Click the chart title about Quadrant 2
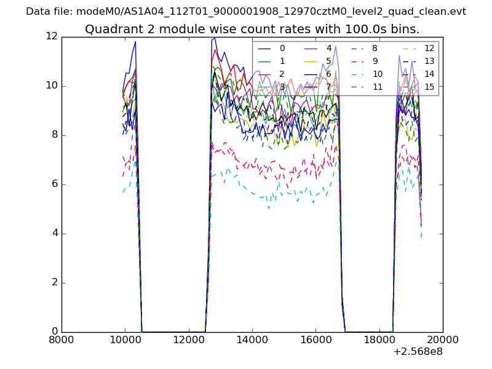tap(252, 29)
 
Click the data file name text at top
tap(246, 11)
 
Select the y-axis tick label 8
tap(54, 135)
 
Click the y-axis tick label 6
tap(54, 184)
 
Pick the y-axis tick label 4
tap(54, 233)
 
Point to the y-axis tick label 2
tap(54, 282)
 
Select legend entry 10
tap(377, 74)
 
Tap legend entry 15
tap(429, 87)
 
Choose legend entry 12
tap(429, 48)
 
